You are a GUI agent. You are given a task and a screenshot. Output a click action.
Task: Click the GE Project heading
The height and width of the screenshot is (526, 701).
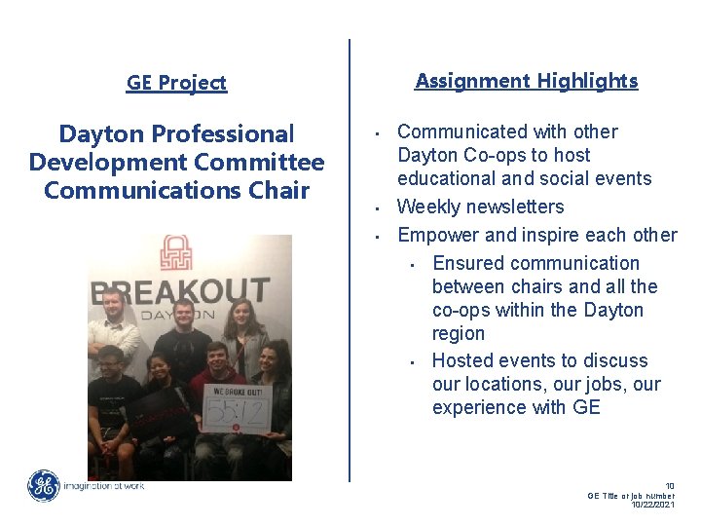coord(176,83)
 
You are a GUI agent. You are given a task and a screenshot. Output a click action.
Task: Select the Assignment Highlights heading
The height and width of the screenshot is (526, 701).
coord(526,81)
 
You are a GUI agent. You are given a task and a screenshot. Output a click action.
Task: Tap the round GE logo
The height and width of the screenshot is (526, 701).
coord(43,485)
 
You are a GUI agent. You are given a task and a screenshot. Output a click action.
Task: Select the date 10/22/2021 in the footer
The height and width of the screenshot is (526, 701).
coord(651,506)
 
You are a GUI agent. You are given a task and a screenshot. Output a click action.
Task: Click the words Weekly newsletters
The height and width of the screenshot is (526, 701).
coord(480,207)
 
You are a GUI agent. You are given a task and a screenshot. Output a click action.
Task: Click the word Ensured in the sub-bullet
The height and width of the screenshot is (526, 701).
coord(468,263)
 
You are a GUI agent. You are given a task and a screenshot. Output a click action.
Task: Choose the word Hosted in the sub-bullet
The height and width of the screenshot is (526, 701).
coord(465,360)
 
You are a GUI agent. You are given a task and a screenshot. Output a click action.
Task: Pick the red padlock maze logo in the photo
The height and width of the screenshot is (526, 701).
coord(176,252)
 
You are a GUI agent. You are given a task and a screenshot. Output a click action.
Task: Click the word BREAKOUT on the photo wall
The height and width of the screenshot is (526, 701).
coord(180,290)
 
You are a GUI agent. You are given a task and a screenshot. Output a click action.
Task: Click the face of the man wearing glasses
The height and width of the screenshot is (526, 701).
coord(109,361)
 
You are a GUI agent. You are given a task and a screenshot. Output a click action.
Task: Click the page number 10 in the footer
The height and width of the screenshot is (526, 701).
coord(669,485)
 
